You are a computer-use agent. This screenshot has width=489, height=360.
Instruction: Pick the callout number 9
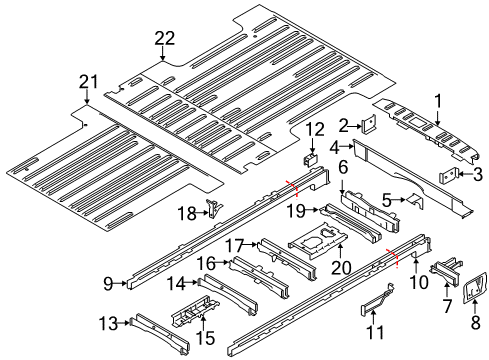click(108, 283)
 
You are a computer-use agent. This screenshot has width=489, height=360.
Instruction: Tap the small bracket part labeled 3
click(451, 176)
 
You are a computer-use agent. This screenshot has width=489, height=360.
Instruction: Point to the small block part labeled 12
click(310, 157)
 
